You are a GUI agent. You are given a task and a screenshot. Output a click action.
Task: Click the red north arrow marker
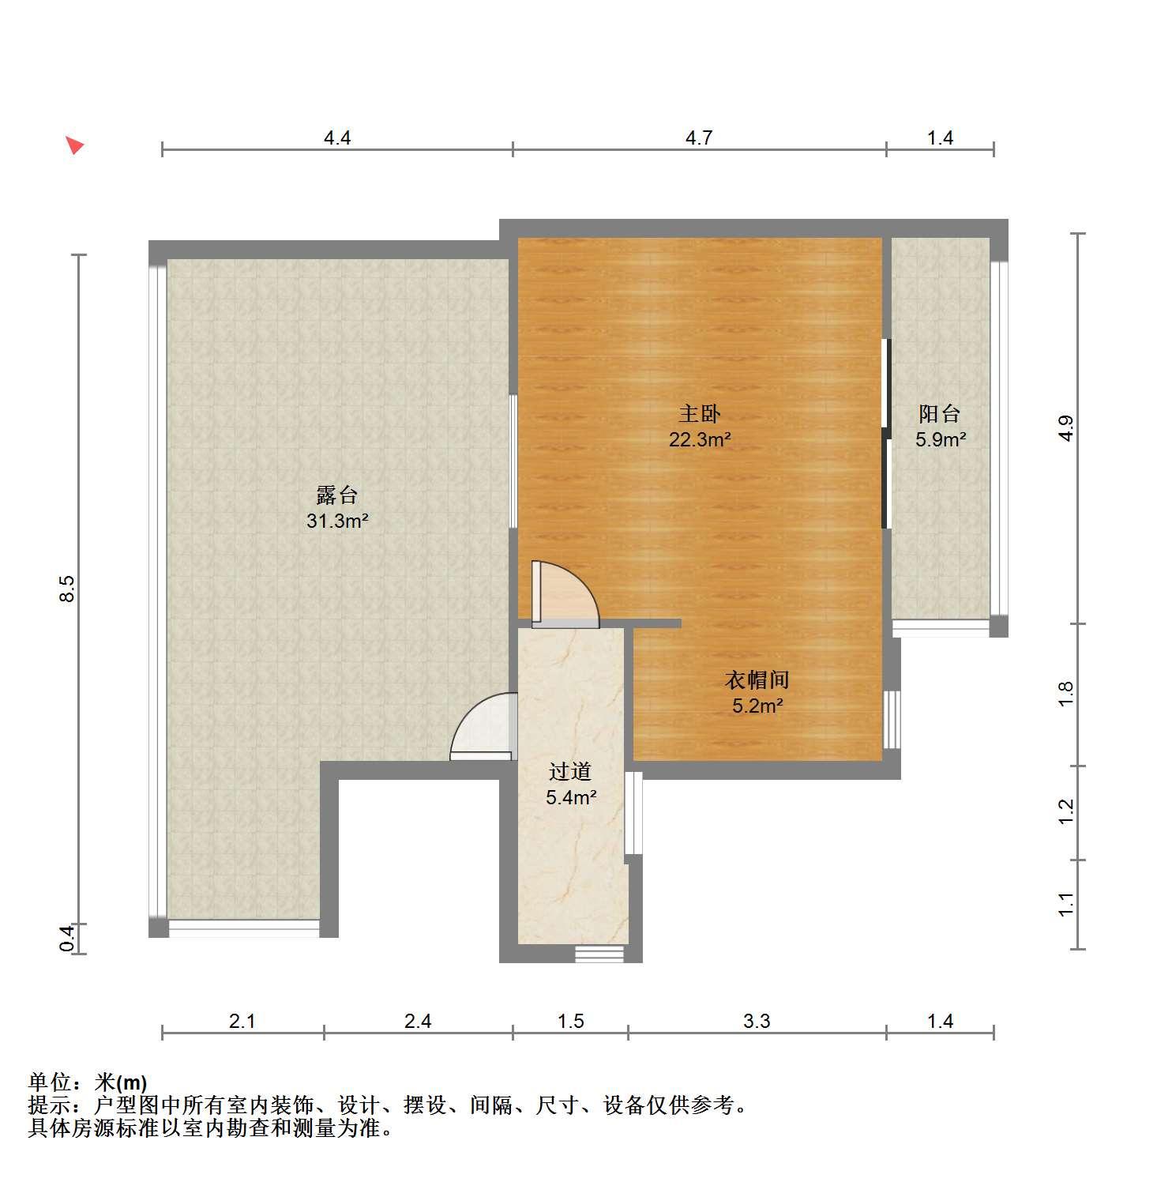point(74,145)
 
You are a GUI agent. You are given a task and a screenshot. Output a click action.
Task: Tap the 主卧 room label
point(700,413)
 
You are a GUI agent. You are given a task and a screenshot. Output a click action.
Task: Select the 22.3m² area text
point(700,440)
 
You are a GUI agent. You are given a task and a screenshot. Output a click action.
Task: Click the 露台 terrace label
point(337,495)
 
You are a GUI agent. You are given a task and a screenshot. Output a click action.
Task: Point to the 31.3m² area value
point(337,521)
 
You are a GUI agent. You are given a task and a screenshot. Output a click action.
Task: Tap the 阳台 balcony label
point(940,413)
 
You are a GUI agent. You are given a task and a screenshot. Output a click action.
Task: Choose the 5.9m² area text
point(940,440)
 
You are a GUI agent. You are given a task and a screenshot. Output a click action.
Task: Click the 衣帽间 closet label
point(757,679)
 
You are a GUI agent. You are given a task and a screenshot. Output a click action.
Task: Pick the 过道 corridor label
point(570,771)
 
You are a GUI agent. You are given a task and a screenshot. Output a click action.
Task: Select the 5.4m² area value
point(570,798)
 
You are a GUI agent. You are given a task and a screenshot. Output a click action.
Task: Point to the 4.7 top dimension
point(699,138)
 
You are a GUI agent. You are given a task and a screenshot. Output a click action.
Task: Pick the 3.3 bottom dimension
point(757,1022)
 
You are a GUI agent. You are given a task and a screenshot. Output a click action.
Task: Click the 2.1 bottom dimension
point(242,1022)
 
